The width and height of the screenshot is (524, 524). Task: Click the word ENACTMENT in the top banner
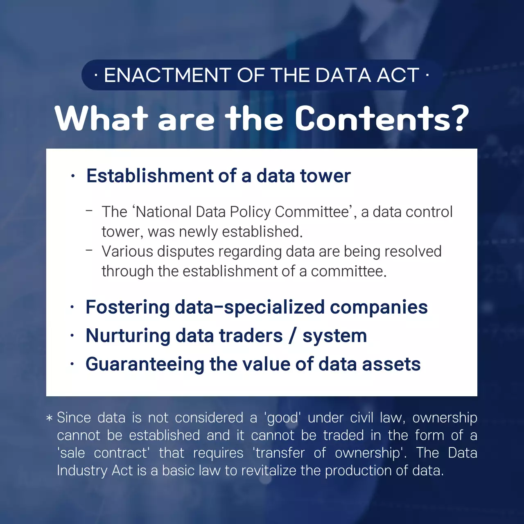pos(167,75)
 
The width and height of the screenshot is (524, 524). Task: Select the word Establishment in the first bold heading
pos(150,176)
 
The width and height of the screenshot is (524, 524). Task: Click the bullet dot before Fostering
pos(72,307)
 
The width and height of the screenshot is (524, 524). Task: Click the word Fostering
pos(127,307)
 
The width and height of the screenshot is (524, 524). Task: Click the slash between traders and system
pos(292,336)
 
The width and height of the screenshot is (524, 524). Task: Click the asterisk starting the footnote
pos(50,418)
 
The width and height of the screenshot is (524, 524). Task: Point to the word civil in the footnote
pos(361,418)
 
